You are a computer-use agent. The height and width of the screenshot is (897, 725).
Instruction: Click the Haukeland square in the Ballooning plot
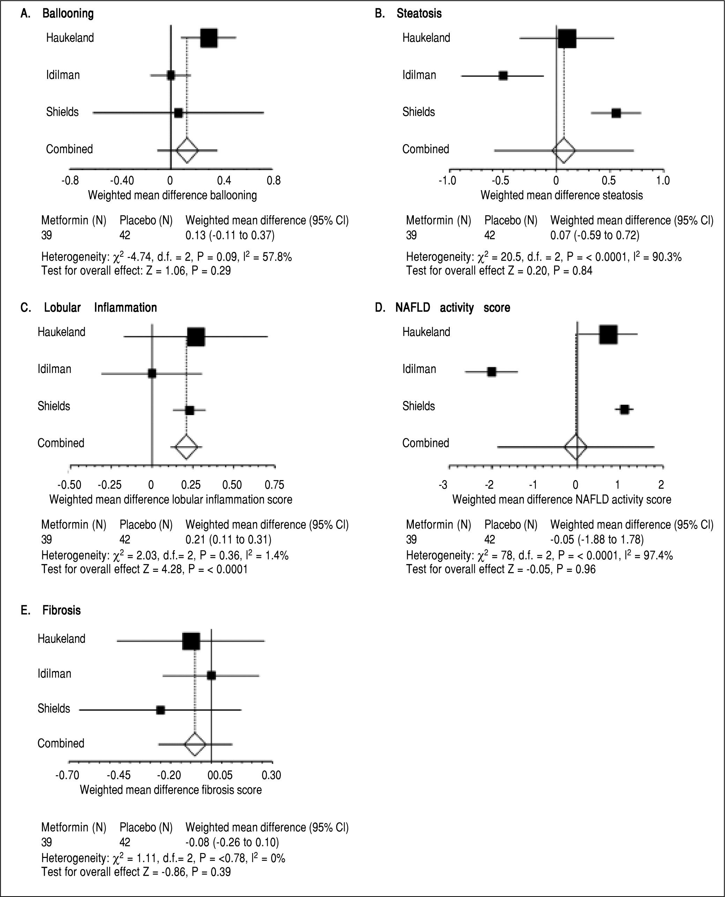point(209,38)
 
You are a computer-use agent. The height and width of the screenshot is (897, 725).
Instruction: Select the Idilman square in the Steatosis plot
point(503,76)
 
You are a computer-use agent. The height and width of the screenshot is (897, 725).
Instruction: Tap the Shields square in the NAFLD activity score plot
point(624,410)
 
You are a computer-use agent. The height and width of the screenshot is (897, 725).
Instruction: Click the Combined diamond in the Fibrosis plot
point(195,744)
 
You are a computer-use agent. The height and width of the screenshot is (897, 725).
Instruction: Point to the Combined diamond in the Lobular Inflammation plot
point(186,447)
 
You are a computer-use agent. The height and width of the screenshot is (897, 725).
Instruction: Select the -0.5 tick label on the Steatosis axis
point(500,181)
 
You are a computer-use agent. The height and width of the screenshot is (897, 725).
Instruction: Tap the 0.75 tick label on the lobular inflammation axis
point(274,485)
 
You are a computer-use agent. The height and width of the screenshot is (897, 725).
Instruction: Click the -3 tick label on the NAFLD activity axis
point(443,485)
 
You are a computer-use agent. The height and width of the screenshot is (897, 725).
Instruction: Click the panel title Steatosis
point(419,14)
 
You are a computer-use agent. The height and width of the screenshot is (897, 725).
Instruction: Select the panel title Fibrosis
point(61,611)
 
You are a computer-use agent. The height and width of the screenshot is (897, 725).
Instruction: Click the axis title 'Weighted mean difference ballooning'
point(172,195)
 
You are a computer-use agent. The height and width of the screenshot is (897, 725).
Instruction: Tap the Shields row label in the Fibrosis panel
point(54,709)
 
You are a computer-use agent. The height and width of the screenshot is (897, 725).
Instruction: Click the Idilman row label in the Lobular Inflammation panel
point(54,369)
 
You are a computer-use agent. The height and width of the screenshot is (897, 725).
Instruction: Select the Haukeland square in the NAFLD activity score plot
point(608,334)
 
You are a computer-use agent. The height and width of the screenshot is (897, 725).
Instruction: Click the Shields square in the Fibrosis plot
point(160,710)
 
